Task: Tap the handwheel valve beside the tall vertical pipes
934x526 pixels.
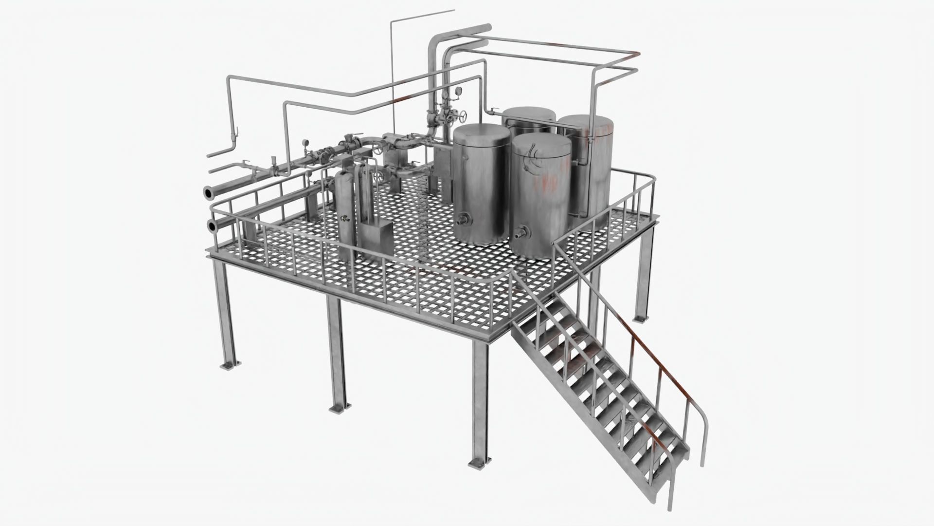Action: point(463,117)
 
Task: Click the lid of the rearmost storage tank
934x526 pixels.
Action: point(529,114)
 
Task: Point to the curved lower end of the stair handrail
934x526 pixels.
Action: point(703,438)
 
